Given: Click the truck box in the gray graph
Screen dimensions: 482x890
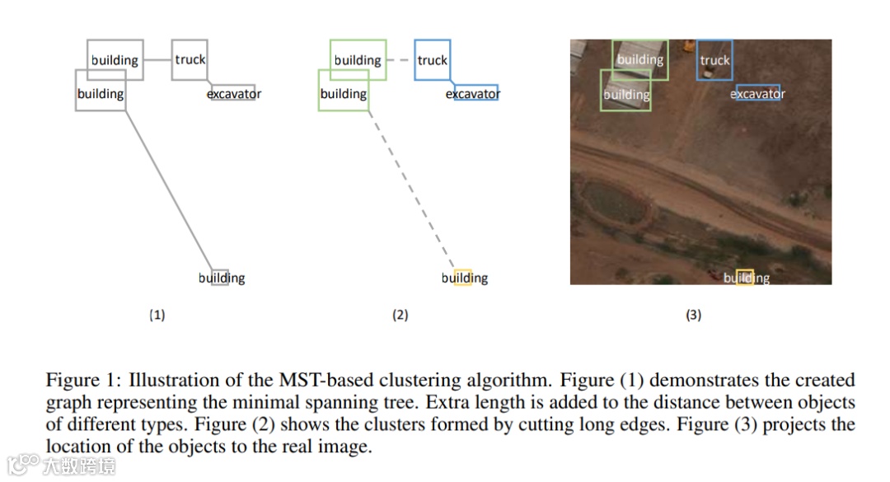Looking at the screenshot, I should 190,60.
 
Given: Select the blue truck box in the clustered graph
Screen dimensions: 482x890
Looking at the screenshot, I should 433,60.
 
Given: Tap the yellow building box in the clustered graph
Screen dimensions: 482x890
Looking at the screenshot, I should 462,277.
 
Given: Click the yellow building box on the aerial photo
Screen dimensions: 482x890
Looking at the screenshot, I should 745,278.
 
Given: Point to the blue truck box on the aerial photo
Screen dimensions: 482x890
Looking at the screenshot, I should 714,60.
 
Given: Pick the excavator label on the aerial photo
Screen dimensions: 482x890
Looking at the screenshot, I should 758,94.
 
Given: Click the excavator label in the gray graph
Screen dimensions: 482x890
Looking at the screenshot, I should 234,94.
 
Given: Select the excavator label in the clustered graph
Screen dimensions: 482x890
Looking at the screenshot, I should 473,94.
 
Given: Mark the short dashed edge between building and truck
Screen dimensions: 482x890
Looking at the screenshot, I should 400,60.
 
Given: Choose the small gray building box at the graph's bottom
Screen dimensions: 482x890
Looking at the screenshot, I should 220,277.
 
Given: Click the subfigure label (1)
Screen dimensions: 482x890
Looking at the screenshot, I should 157,315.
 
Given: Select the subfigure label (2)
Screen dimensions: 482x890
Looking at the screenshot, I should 400,315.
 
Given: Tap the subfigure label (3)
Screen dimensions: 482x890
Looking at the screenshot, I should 694,315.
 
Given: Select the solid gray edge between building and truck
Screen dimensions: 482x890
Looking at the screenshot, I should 157,60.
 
